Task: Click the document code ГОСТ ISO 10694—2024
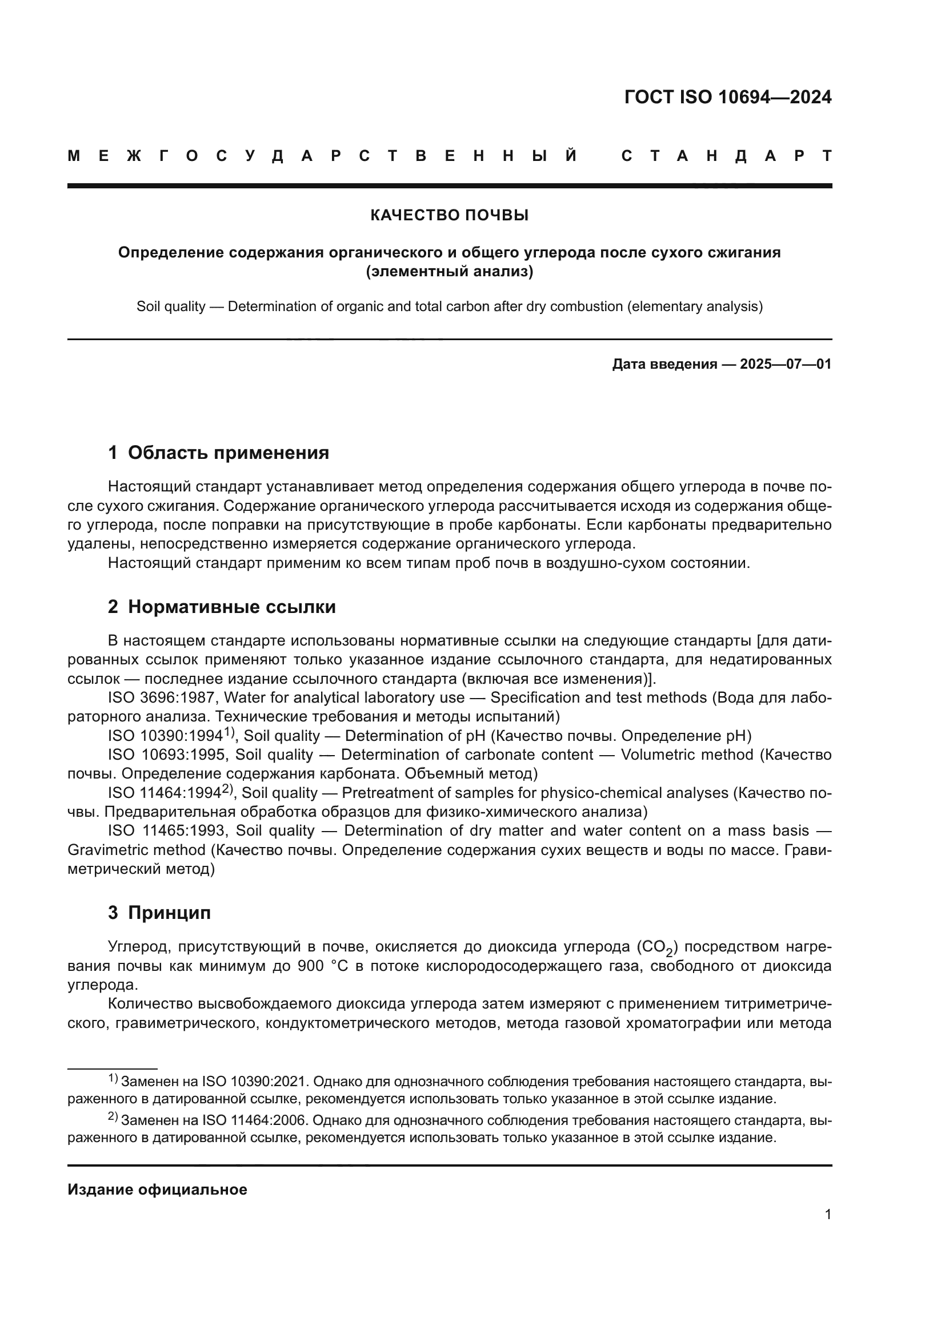pyautogui.click(x=727, y=97)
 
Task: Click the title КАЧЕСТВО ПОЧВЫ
pyautogui.click(x=449, y=216)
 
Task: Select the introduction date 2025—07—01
pyautogui.click(x=786, y=365)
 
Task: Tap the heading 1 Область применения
pyautogui.click(x=218, y=453)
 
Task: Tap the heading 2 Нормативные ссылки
pyautogui.click(x=222, y=607)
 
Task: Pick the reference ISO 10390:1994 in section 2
pyautogui.click(x=166, y=736)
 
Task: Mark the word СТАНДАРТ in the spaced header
pyautogui.click(x=726, y=156)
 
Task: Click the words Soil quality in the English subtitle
pyautogui.click(x=170, y=306)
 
